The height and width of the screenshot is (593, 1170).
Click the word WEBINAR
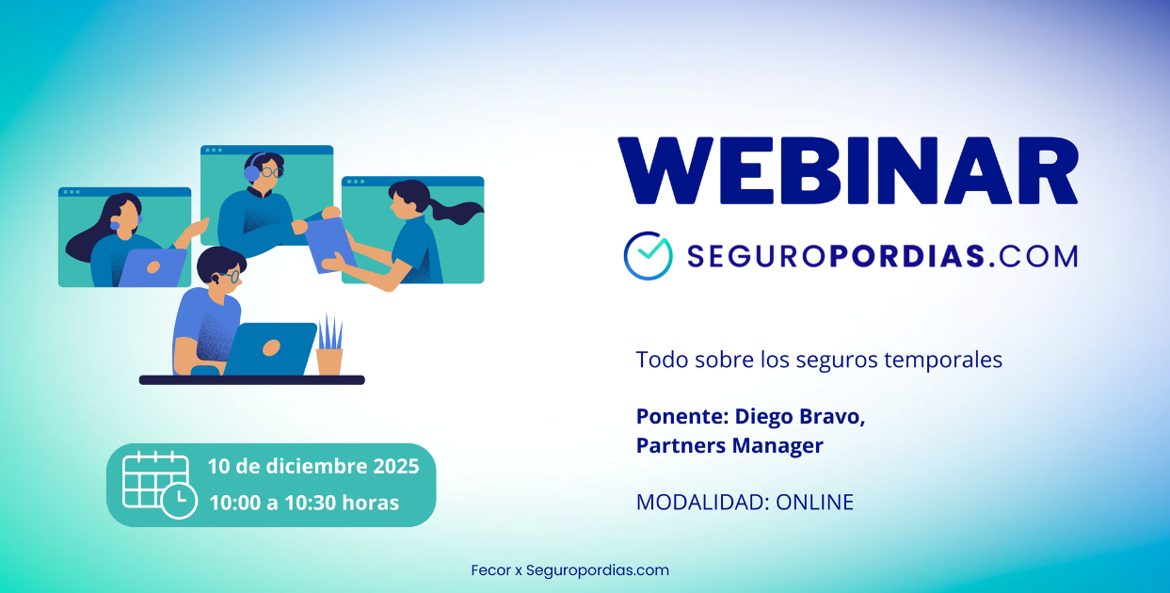coord(848,171)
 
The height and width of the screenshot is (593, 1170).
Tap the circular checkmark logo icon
coord(649,256)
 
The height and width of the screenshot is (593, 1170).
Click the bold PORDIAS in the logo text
coord(907,256)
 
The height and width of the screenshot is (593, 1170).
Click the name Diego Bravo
coord(800,416)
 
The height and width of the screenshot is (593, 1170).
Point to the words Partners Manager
coord(729,445)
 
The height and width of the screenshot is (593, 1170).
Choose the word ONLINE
coord(814,502)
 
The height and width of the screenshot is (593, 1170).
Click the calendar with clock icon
coord(159,485)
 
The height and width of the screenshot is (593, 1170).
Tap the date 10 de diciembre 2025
coord(313,466)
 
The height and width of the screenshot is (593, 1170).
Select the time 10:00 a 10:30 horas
coord(304,503)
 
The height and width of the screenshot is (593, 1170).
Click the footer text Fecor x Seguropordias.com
coord(569,570)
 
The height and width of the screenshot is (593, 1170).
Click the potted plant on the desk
coord(329,345)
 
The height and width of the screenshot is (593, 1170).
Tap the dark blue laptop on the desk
coord(270,348)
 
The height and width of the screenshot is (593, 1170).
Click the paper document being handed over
coord(329,245)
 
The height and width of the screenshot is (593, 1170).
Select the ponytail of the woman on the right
coord(456,210)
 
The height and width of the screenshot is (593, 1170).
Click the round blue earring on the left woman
coord(115,226)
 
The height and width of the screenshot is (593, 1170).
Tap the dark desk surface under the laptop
coord(251,380)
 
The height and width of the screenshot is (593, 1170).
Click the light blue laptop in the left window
coord(153,267)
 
